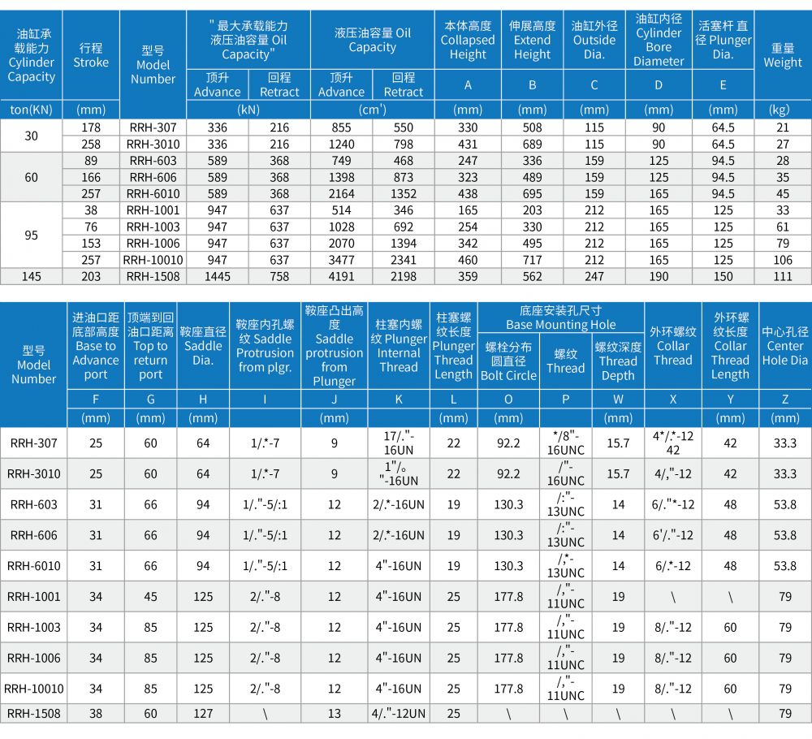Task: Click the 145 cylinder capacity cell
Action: pos(31,276)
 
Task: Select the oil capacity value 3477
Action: pos(341,260)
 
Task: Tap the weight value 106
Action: pos(782,260)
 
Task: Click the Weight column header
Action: pos(782,55)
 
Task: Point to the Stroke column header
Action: pos(91,55)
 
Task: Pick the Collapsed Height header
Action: pos(468,41)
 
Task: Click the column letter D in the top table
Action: pos(659,85)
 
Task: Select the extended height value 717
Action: pos(532,260)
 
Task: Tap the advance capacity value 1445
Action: pos(217,276)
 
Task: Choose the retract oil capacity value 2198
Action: pos(404,276)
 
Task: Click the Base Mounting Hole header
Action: pos(561,318)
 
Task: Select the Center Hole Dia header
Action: pos(785,346)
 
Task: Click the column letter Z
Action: pos(785,399)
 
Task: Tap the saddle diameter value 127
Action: pos(203,713)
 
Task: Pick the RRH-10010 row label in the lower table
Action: pos(34,689)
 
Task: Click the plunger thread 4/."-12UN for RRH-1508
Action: pos(398,713)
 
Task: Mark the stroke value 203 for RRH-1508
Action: pos(91,276)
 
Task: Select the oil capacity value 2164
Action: pos(341,193)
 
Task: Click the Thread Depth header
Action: pos(618,361)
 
